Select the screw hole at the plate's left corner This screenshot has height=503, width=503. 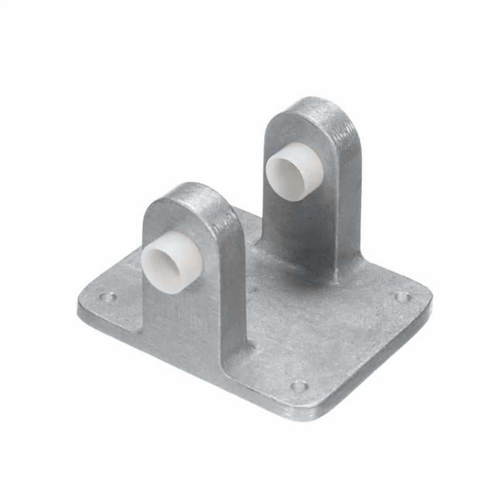click(x=108, y=298)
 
